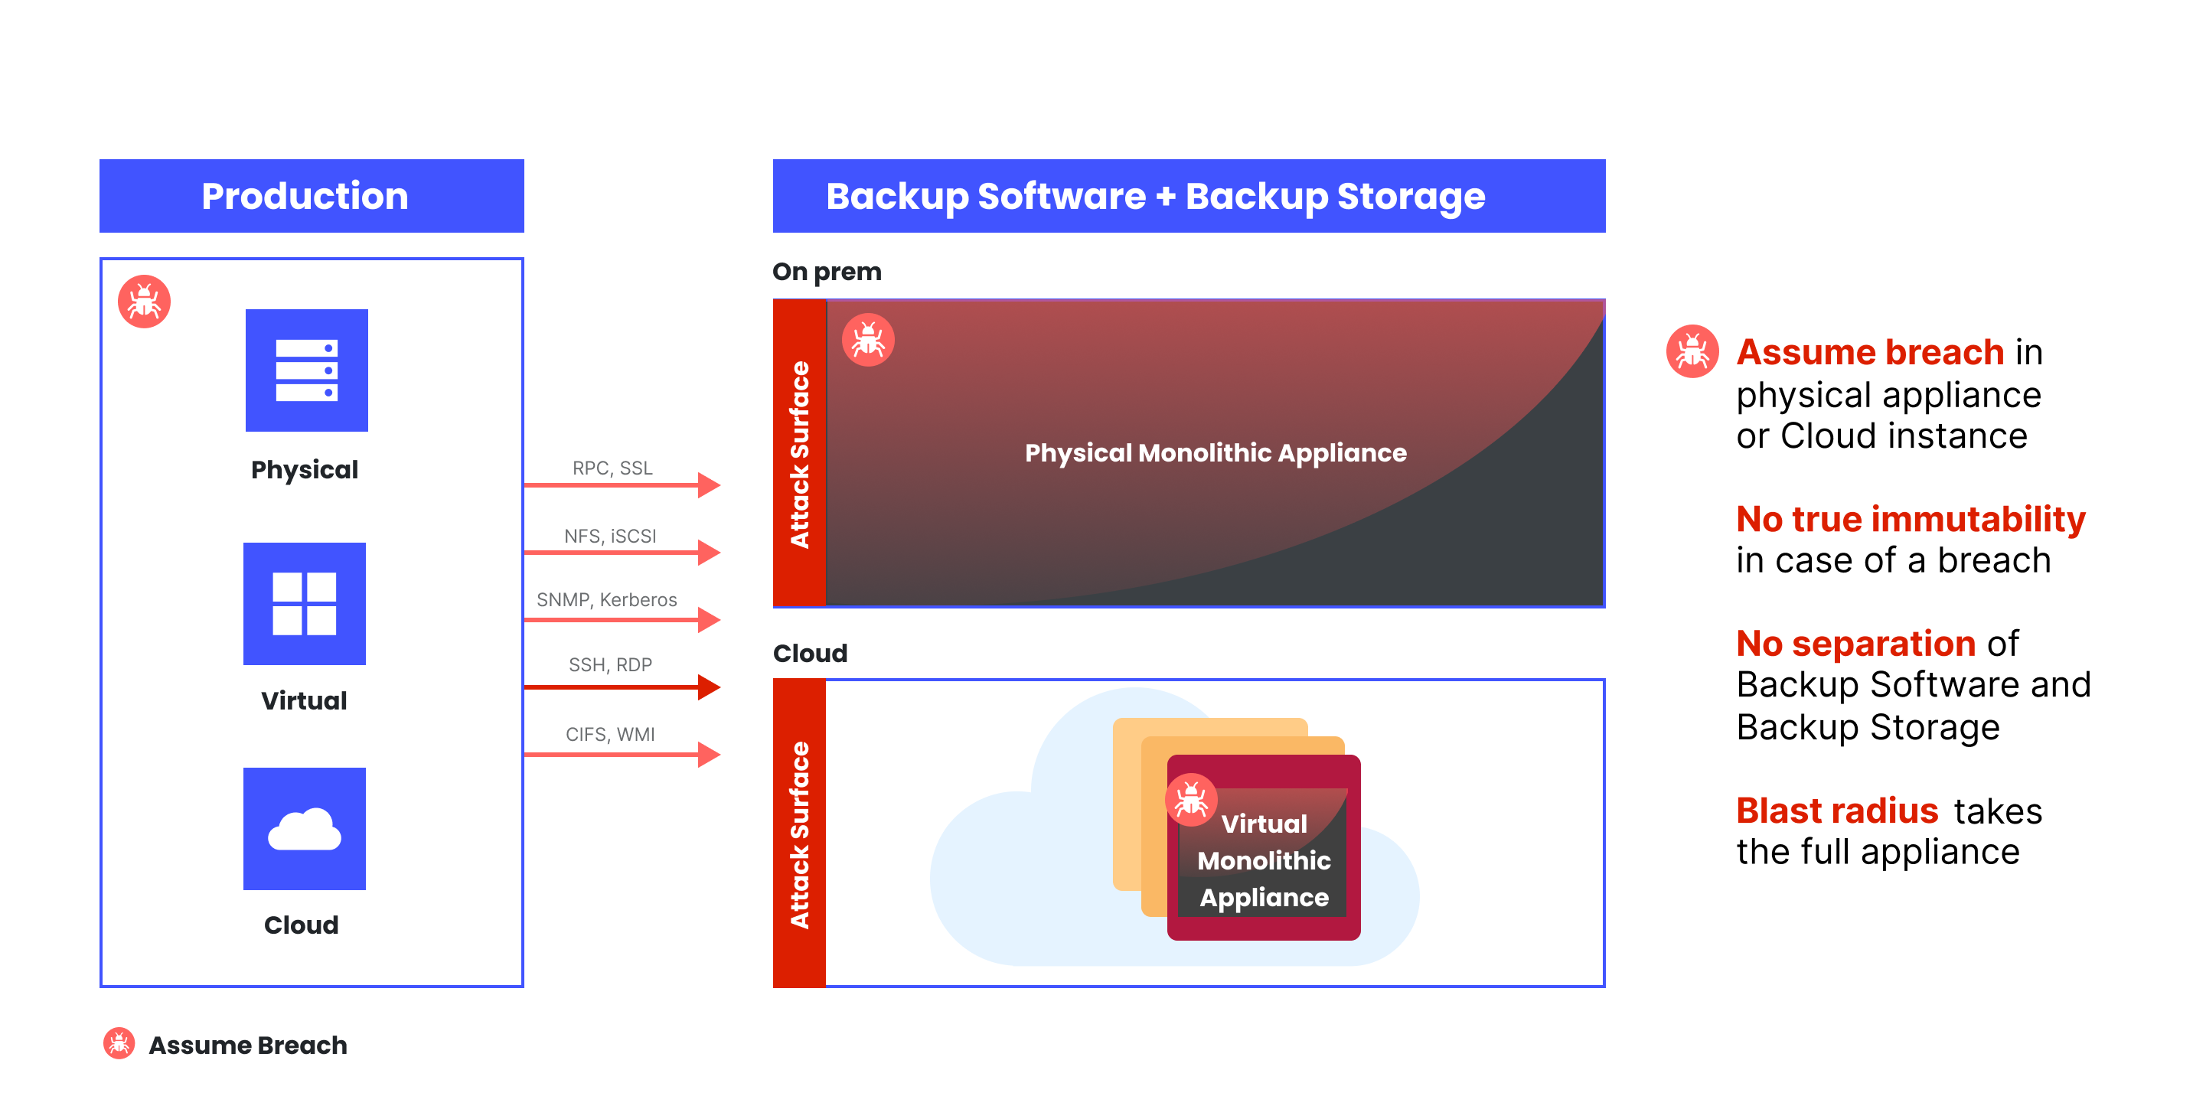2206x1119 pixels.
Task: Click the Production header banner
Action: point(311,195)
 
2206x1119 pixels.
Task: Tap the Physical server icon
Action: point(307,370)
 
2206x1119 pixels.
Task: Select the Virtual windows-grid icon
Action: point(304,604)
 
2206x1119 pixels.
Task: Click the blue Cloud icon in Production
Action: point(304,828)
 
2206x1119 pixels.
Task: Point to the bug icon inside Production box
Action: point(144,302)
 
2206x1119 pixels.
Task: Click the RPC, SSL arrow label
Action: point(612,468)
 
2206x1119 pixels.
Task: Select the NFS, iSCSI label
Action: point(610,536)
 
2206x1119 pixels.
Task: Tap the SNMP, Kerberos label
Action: point(606,599)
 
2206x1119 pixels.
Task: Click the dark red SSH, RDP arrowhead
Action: point(709,687)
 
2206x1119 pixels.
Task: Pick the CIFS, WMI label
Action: point(610,734)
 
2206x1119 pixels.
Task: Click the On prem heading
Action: point(827,272)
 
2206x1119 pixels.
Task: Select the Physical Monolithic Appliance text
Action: point(1216,452)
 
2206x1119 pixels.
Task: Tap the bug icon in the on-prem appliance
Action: point(867,340)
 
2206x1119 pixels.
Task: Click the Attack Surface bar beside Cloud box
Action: point(799,833)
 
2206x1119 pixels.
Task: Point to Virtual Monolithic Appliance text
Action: point(1264,860)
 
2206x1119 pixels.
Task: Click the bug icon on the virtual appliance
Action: point(1190,800)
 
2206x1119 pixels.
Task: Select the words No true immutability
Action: point(1910,519)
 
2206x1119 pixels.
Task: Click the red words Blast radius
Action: point(1837,810)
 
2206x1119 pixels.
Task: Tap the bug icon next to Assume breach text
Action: point(1692,351)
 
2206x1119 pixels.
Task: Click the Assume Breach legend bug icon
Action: point(119,1044)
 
